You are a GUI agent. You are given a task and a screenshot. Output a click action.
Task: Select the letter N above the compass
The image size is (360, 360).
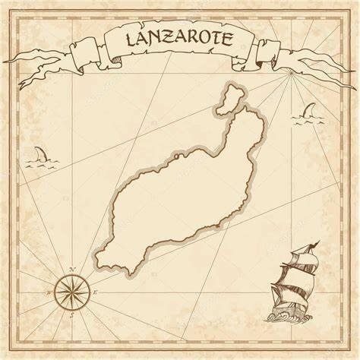[x=70, y=269]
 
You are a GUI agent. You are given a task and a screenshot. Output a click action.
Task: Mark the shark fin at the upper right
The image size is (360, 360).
[x=309, y=114]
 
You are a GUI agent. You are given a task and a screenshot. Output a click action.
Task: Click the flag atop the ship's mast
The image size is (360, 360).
[x=313, y=245]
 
